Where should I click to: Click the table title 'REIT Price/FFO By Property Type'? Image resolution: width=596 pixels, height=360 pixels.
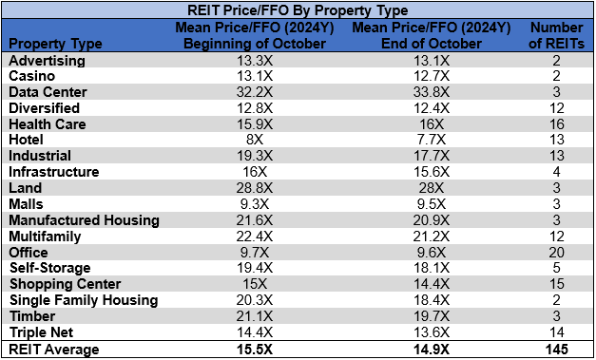297,10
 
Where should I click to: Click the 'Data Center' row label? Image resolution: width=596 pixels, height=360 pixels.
48,92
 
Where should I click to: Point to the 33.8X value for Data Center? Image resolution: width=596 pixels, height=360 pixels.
413,92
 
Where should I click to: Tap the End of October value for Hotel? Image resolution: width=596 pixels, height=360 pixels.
413,141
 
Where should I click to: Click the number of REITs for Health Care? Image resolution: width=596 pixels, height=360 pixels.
559,124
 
